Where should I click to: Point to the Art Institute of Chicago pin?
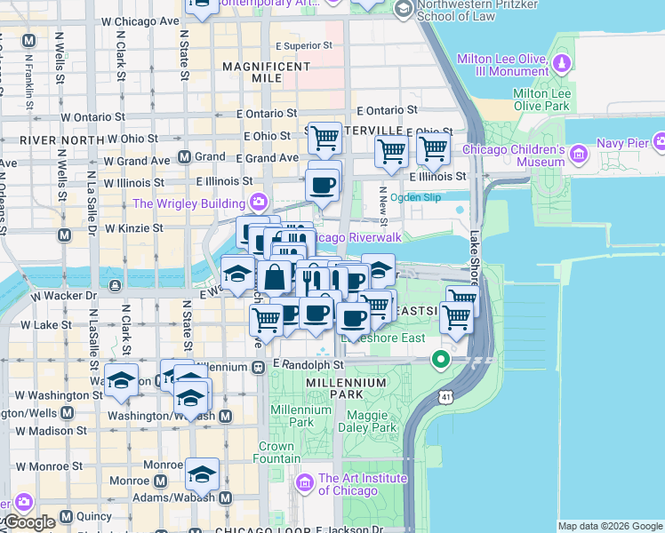tap(305, 483)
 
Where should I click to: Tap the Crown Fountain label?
tap(276, 452)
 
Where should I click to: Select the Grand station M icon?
tap(185, 157)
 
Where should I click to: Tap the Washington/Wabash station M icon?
tap(226, 416)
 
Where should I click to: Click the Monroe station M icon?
tap(160, 481)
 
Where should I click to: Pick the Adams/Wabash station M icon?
tap(226, 497)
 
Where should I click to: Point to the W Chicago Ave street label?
tap(132, 20)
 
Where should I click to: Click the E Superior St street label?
tap(303, 44)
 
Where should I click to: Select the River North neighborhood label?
tap(51, 140)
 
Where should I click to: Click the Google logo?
tap(28, 522)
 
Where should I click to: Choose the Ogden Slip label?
tap(417, 198)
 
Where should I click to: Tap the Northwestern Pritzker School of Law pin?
tap(403, 10)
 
